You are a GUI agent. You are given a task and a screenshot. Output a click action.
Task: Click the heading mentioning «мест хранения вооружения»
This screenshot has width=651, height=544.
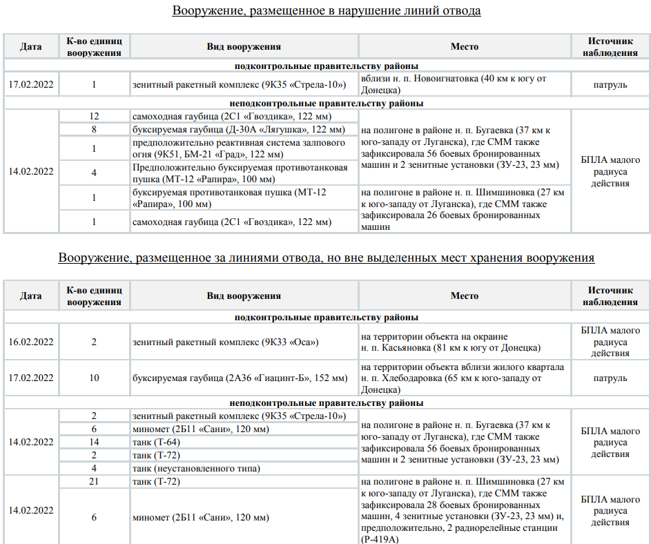tap(326, 258)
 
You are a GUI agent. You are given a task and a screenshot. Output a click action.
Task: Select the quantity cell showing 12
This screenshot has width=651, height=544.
tap(94, 116)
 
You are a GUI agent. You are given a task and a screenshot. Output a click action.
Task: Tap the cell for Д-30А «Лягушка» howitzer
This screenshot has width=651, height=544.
tap(238, 129)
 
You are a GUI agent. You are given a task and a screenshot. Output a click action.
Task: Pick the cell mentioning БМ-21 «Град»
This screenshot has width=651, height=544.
tap(238, 148)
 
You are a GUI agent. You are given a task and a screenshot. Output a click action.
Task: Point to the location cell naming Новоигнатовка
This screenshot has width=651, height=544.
tap(464, 84)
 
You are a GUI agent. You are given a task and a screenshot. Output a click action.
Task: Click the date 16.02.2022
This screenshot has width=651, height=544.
tap(31, 342)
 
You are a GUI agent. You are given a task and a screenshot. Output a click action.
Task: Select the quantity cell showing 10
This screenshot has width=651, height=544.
tap(94, 378)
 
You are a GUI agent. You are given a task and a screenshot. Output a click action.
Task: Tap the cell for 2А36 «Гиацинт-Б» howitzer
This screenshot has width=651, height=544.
tap(240, 378)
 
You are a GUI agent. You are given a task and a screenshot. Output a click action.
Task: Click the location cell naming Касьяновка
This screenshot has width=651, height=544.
tap(464, 342)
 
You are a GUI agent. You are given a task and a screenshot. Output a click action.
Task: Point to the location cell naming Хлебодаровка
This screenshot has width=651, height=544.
tap(464, 378)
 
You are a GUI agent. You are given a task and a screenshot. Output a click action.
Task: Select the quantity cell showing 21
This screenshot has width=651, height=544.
tap(94, 481)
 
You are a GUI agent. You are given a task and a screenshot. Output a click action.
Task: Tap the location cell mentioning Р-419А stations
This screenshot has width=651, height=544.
tap(464, 510)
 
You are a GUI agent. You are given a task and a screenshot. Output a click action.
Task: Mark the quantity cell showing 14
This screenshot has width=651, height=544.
tap(94, 442)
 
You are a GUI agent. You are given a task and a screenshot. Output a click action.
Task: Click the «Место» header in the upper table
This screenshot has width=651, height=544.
tap(464, 47)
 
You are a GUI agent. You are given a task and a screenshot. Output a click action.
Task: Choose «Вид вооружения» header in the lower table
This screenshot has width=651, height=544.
tap(244, 295)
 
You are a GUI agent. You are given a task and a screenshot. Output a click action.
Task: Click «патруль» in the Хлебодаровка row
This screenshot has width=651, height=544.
tap(610, 378)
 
